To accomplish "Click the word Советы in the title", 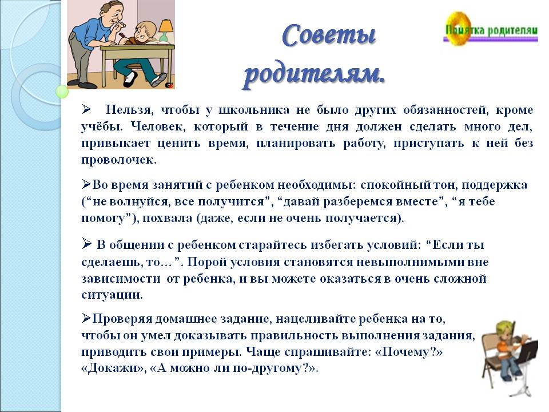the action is pyautogui.click(x=328, y=35).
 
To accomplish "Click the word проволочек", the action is pyautogui.click(x=119, y=160).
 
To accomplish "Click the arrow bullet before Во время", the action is pyautogui.click(x=86, y=184).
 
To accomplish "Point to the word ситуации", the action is pyautogui.click(x=112, y=295).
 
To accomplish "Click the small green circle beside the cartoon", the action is pyautogui.click(x=62, y=92).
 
